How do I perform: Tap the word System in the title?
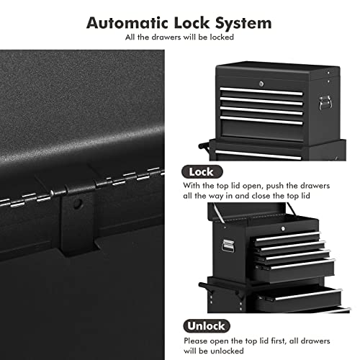pos(241,22)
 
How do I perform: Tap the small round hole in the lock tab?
pos(78,204)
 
